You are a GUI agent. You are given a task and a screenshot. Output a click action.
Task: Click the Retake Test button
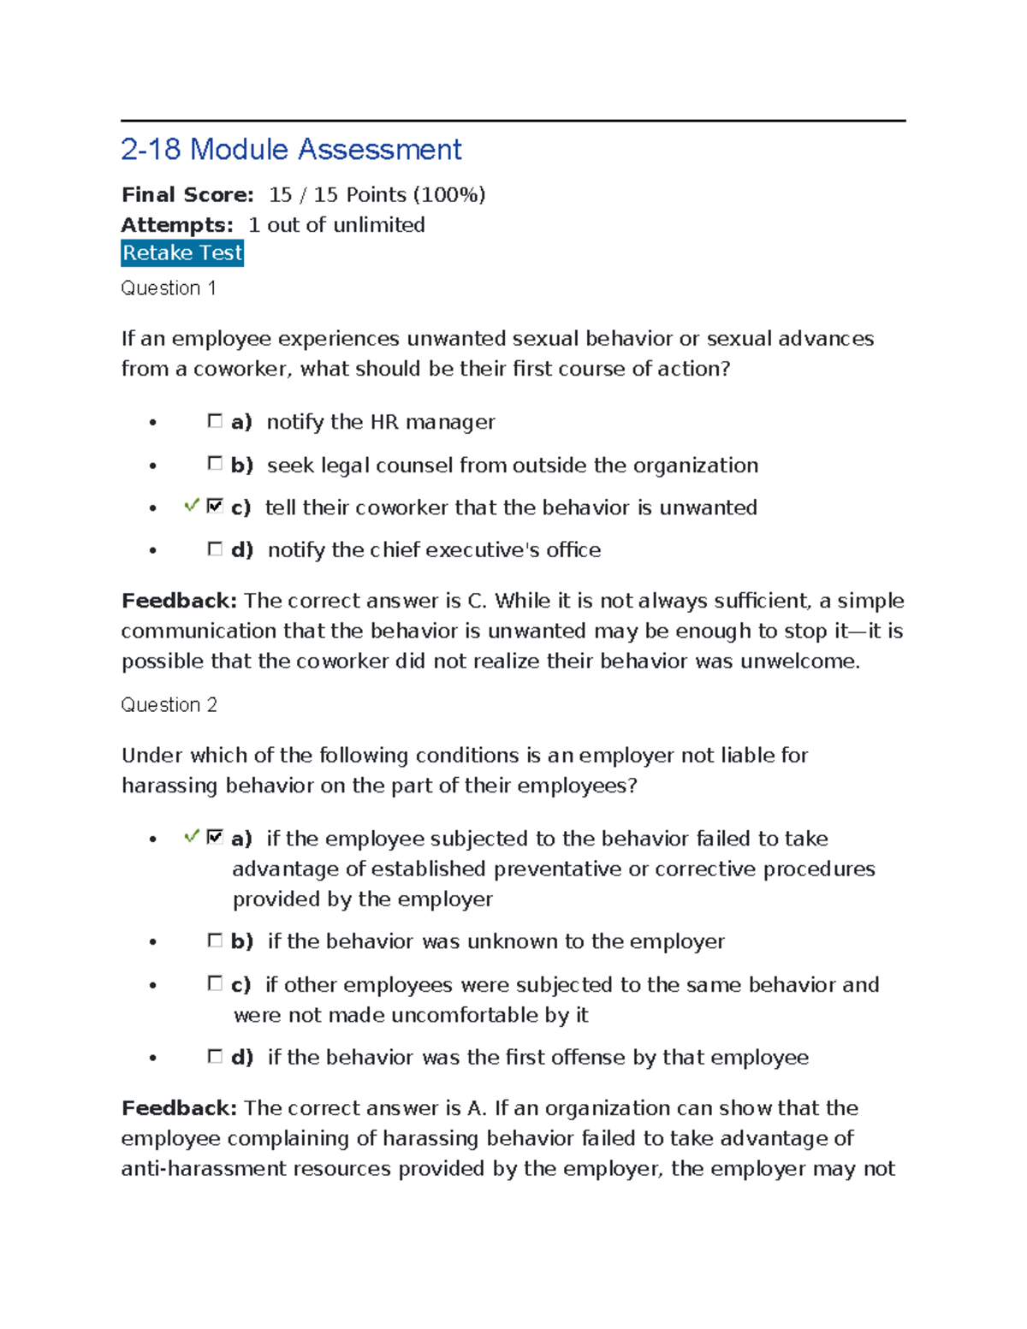[x=182, y=253]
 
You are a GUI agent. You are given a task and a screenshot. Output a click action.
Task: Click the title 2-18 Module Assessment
[x=291, y=150]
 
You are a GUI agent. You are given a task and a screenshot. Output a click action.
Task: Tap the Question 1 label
[x=168, y=288]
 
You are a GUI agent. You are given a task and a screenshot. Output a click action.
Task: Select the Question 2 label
[x=169, y=705]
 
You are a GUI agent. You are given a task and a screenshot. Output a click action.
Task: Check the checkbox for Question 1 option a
[x=215, y=421]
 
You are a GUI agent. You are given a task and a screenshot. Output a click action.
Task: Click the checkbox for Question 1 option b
[x=215, y=464]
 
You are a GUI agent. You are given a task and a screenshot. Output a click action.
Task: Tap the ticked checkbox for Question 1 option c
[x=215, y=507]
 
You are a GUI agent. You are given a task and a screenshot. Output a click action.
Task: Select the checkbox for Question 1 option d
[x=215, y=549]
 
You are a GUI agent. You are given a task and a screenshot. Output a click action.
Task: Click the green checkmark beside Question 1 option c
[x=192, y=506]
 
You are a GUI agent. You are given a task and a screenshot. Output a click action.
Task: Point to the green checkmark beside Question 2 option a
[x=192, y=836]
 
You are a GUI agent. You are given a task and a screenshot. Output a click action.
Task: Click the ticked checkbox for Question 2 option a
[x=215, y=837]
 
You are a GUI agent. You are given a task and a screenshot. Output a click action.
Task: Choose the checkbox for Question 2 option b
[x=215, y=940]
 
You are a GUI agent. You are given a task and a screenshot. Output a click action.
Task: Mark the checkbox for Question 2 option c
[x=215, y=983]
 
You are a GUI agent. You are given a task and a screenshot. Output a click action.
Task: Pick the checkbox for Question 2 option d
[x=215, y=1057]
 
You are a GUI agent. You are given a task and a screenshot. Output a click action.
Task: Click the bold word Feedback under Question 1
[x=179, y=601]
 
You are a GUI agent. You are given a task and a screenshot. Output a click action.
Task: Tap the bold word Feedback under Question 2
[x=179, y=1108]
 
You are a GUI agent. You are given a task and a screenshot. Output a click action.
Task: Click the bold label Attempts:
[x=177, y=225]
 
